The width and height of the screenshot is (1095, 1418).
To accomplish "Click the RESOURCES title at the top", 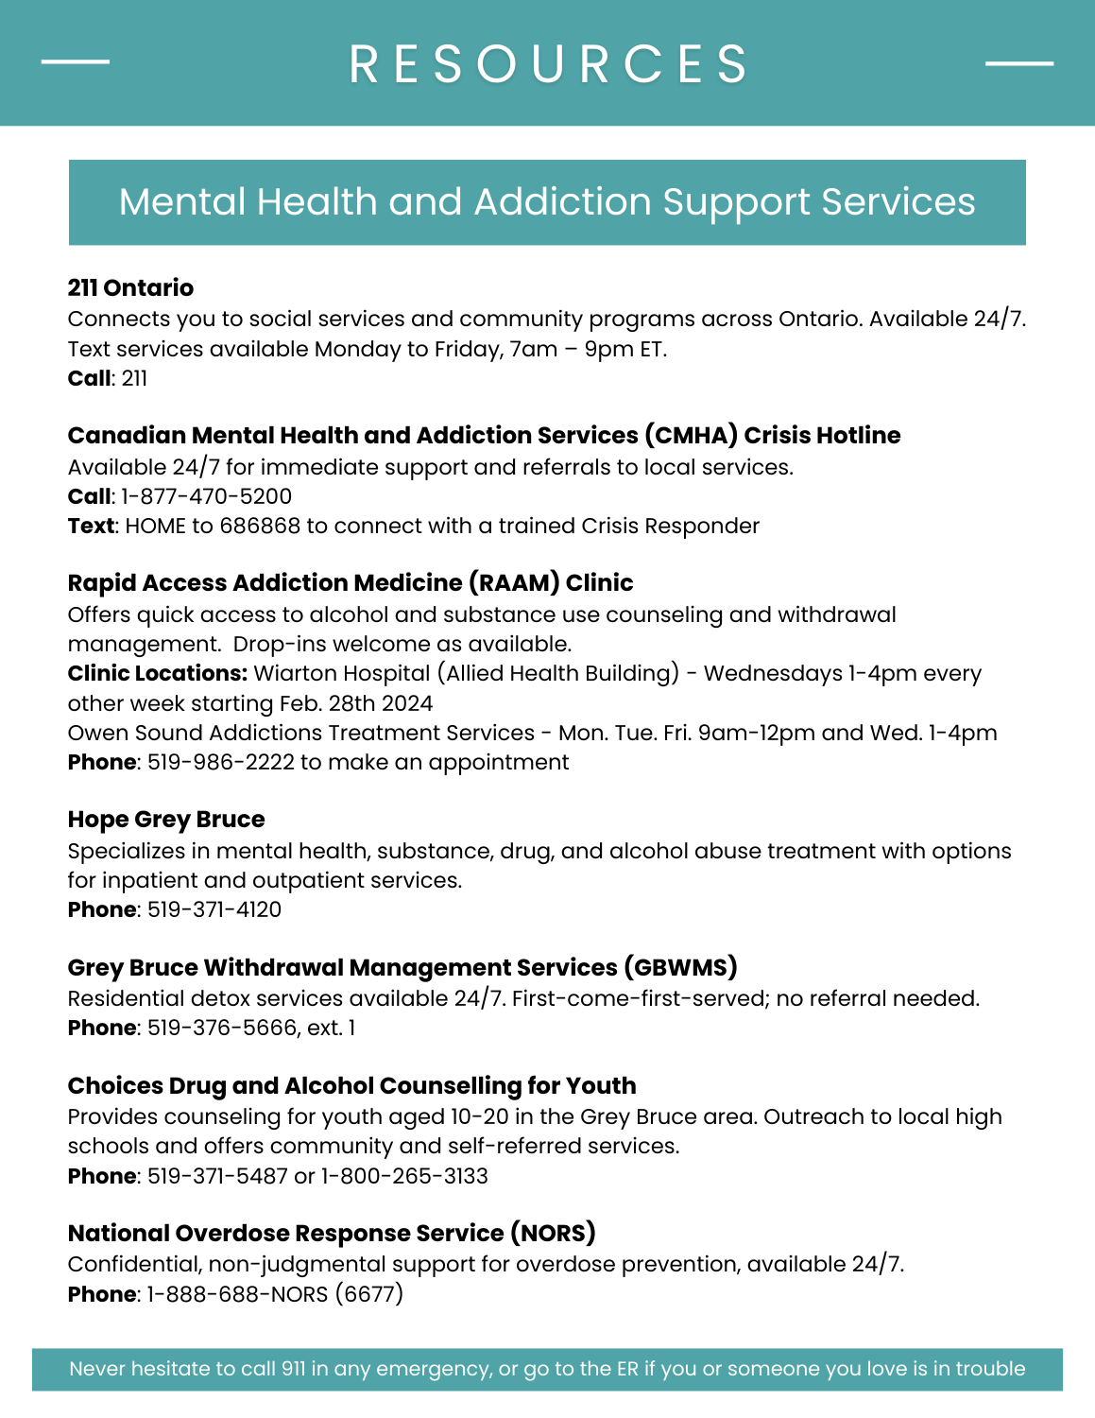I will coord(548,64).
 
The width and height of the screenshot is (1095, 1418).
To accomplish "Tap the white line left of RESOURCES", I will coord(76,62).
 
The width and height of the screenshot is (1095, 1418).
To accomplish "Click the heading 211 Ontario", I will coord(130,288).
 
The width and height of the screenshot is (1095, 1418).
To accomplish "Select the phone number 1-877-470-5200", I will coord(207,496).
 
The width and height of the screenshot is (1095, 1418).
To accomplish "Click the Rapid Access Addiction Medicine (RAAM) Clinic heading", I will coord(351,582).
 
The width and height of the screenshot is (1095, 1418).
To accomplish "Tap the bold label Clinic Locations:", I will coord(158,673).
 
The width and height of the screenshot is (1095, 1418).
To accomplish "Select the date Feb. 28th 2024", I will coord(356,703).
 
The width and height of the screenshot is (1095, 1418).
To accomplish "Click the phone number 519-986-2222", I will coord(221,762).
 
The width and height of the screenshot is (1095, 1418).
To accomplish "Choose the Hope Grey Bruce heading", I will coord(166,820).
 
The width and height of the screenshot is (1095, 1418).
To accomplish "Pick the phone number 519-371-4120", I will coord(214,909).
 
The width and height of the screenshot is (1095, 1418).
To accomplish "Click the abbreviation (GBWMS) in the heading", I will coord(680,967).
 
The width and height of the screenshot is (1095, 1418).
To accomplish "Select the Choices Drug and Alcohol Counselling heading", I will coord(351,1085).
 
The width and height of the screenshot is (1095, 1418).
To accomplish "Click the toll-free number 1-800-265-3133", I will coord(404,1176).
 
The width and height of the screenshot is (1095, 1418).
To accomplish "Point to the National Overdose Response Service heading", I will coord(332,1233).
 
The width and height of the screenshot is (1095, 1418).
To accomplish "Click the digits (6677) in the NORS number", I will coord(368,1293).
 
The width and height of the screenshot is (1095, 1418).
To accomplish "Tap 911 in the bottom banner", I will coord(293,1369).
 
